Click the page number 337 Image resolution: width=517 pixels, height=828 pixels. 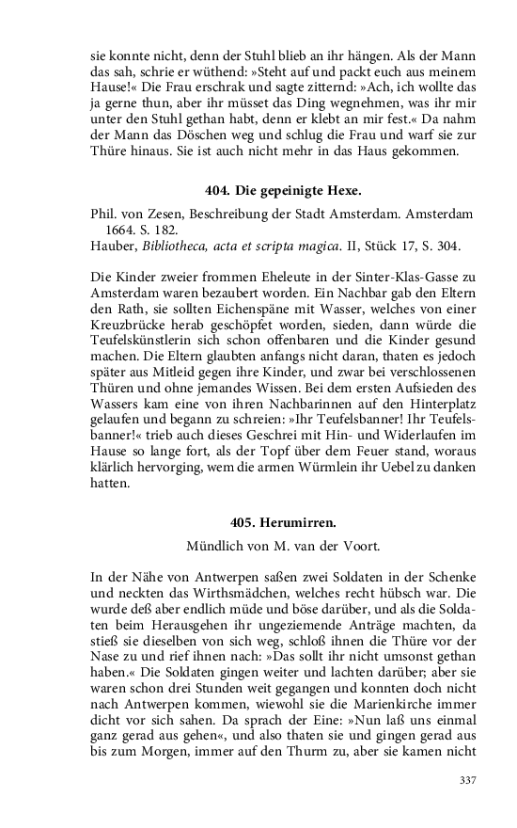[x=469, y=780]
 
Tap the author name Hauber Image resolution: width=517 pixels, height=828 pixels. [x=114, y=247]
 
